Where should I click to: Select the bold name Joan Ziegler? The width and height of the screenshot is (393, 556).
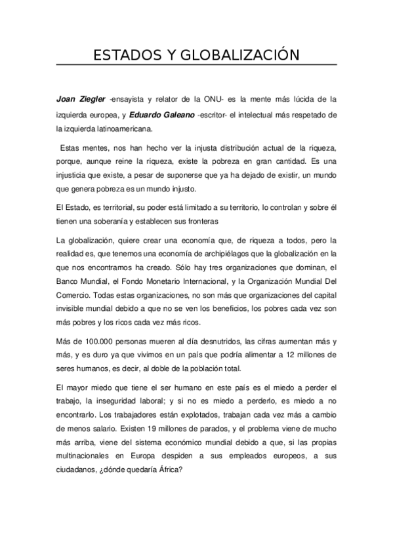[x=80, y=100]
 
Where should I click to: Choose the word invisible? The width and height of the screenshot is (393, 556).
[x=73, y=309]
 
